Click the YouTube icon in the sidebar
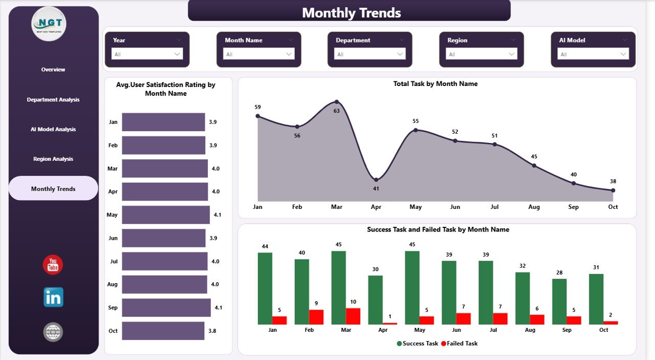[x=53, y=265]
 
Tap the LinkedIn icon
[x=53, y=298]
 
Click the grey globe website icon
[x=53, y=332]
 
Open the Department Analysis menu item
[x=53, y=100]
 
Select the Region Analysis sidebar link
[x=53, y=159]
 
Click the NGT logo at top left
[x=49, y=24]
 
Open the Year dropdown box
[x=147, y=54]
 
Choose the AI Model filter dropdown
[x=593, y=54]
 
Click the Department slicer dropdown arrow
[x=400, y=54]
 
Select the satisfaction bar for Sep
[x=166, y=308]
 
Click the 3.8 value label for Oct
[x=212, y=331]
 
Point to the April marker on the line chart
[x=376, y=180]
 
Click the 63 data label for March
[x=336, y=111]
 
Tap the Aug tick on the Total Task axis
[x=534, y=207]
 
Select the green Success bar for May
[x=412, y=287]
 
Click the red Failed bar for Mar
[x=353, y=316]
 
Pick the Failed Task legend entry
[x=459, y=343]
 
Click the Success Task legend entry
[x=417, y=343]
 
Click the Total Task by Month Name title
[x=435, y=83]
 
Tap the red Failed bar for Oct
[x=611, y=323]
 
